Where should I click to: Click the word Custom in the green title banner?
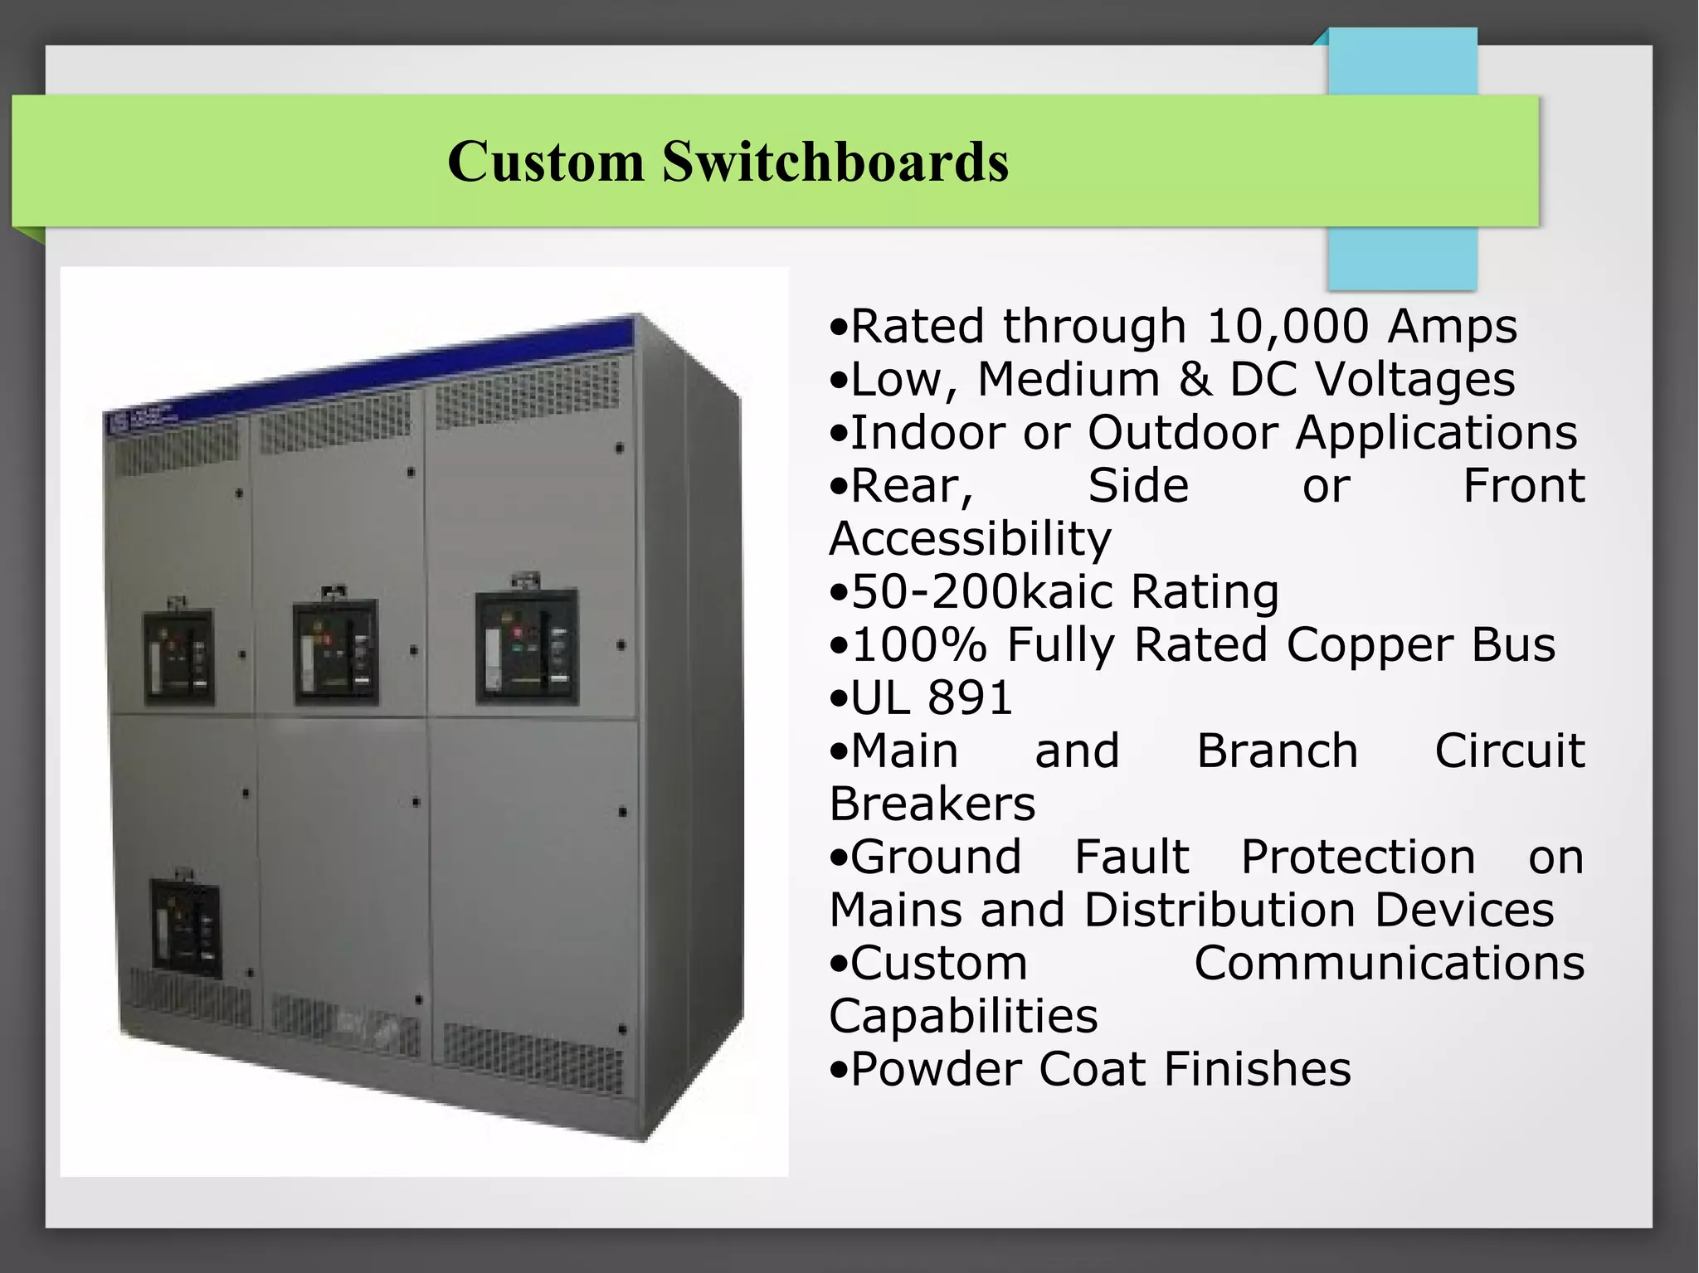click(545, 161)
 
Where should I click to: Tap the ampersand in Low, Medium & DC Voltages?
click(1195, 379)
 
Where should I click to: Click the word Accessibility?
click(970, 539)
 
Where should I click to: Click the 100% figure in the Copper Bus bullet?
click(919, 645)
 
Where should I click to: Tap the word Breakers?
click(932, 804)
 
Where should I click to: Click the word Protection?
click(1358, 857)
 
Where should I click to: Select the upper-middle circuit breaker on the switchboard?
click(336, 651)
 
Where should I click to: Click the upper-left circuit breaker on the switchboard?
click(178, 658)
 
